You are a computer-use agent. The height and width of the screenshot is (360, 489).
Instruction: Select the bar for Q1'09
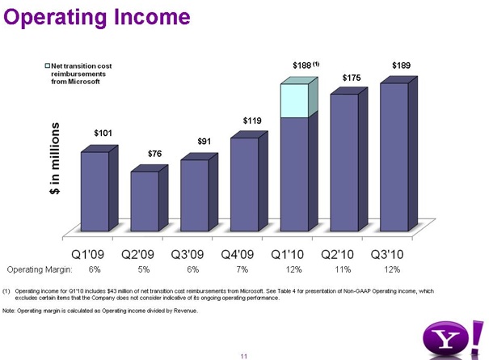pyautogui.click(x=95, y=193)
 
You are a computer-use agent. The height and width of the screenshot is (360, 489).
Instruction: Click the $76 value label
pyautogui.click(x=155, y=154)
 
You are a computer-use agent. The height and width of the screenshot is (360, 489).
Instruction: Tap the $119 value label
pyautogui.click(x=252, y=121)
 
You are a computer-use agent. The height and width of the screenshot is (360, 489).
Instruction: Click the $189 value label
pyautogui.click(x=401, y=64)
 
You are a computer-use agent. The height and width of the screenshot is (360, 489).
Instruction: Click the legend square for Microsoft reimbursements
pyautogui.click(x=47, y=66)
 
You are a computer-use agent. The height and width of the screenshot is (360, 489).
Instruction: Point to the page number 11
pyautogui.click(x=243, y=354)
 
